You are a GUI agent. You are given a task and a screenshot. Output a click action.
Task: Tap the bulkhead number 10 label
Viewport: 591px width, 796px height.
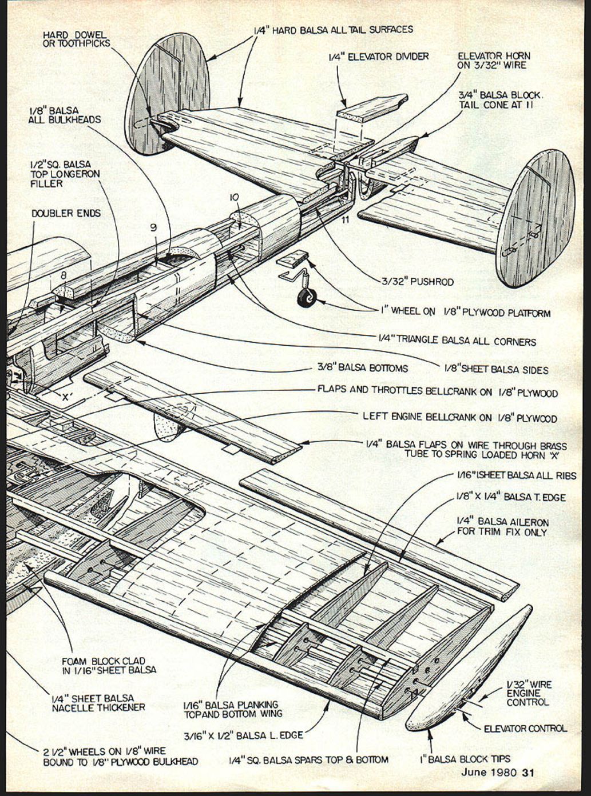pyautogui.click(x=234, y=197)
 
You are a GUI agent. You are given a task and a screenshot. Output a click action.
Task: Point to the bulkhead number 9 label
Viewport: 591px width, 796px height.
pyautogui.click(x=153, y=227)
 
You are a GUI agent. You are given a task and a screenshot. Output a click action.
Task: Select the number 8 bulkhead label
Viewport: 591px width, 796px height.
pyautogui.click(x=63, y=274)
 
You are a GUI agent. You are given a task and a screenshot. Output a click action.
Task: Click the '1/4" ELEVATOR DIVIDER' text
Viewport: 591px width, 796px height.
pyautogui.click(x=378, y=57)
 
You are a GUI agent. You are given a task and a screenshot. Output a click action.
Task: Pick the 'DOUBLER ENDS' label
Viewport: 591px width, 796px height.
pyautogui.click(x=66, y=213)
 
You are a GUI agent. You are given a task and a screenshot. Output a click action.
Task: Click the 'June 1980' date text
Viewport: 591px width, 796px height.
pyautogui.click(x=489, y=773)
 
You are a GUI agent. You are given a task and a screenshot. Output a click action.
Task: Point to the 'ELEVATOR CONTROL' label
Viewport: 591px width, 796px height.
pyautogui.click(x=525, y=728)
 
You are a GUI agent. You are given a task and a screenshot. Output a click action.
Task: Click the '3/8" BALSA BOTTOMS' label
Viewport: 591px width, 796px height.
pyautogui.click(x=362, y=368)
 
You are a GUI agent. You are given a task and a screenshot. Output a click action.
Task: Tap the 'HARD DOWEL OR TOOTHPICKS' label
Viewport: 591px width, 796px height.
pyautogui.click(x=76, y=39)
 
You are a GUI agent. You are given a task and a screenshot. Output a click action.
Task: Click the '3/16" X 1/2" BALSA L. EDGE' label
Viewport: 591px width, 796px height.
pyautogui.click(x=243, y=735)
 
